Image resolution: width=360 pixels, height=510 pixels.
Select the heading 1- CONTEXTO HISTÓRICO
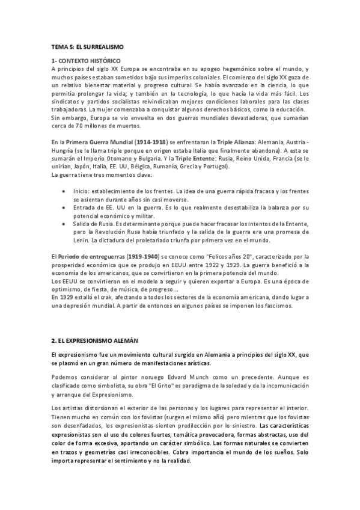click(87, 61)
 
